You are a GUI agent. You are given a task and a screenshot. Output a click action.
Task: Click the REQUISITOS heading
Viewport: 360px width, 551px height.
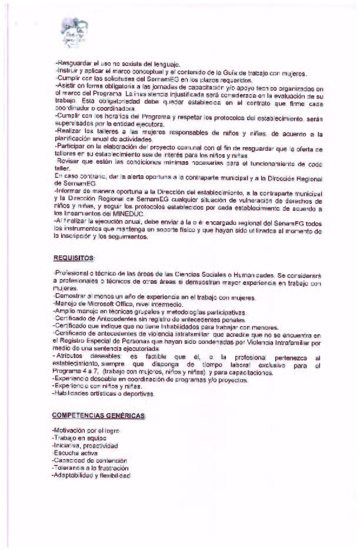point(75,258)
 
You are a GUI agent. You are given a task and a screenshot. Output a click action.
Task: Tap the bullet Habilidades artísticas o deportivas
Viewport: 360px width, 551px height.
point(104,393)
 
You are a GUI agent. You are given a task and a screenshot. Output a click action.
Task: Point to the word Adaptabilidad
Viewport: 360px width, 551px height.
point(74,476)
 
